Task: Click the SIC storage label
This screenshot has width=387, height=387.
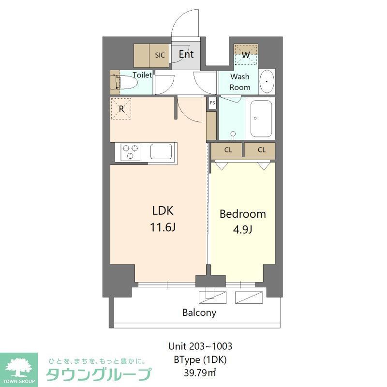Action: (x=160, y=55)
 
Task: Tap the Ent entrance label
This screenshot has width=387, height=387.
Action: (x=186, y=54)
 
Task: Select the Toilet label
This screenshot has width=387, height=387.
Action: (x=142, y=75)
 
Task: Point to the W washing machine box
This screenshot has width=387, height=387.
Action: (x=246, y=55)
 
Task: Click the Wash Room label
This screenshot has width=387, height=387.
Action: (x=240, y=82)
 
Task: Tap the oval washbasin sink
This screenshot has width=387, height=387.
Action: (x=267, y=82)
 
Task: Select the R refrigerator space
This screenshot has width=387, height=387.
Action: (x=122, y=109)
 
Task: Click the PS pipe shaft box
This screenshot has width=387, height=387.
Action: (x=212, y=103)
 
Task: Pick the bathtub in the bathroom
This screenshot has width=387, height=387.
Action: (x=261, y=119)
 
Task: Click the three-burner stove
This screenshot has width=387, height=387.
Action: (x=130, y=152)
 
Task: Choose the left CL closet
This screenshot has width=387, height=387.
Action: (x=228, y=150)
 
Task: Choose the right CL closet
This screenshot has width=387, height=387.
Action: (x=261, y=150)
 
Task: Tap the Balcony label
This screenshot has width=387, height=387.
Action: (x=199, y=313)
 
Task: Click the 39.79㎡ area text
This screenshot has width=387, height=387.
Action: (x=200, y=372)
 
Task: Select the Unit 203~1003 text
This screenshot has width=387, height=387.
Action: (x=200, y=346)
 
